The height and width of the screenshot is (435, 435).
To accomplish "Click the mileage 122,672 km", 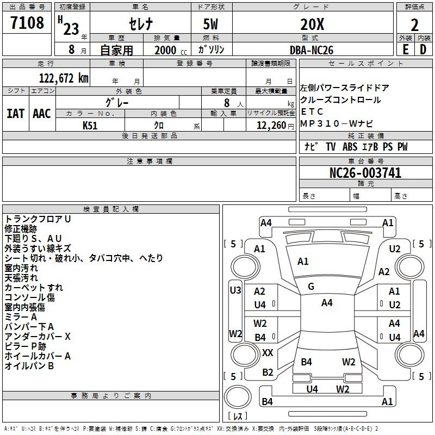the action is coord(64,78).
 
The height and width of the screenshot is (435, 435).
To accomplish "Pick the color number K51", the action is coord(90,126).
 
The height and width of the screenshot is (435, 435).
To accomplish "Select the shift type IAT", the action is coord(15,114).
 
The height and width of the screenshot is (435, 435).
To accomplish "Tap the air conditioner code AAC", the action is coord(42,114).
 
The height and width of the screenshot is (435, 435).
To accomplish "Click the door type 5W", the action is coord(211,24).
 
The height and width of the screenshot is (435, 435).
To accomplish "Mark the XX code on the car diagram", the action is coord(268,353).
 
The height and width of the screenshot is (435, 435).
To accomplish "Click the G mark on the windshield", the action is coord(311,287).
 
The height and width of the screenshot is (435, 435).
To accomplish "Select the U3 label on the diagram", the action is coord(235,290).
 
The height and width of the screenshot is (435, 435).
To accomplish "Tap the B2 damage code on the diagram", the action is coord(268,372).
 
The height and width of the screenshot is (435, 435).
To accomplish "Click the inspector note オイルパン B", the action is coord(29,366).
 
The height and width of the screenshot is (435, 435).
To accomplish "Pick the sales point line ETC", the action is coord(312,112).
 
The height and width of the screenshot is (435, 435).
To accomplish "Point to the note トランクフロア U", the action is coord(38,219).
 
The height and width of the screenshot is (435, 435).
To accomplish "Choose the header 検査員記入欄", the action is coord(111,209).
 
